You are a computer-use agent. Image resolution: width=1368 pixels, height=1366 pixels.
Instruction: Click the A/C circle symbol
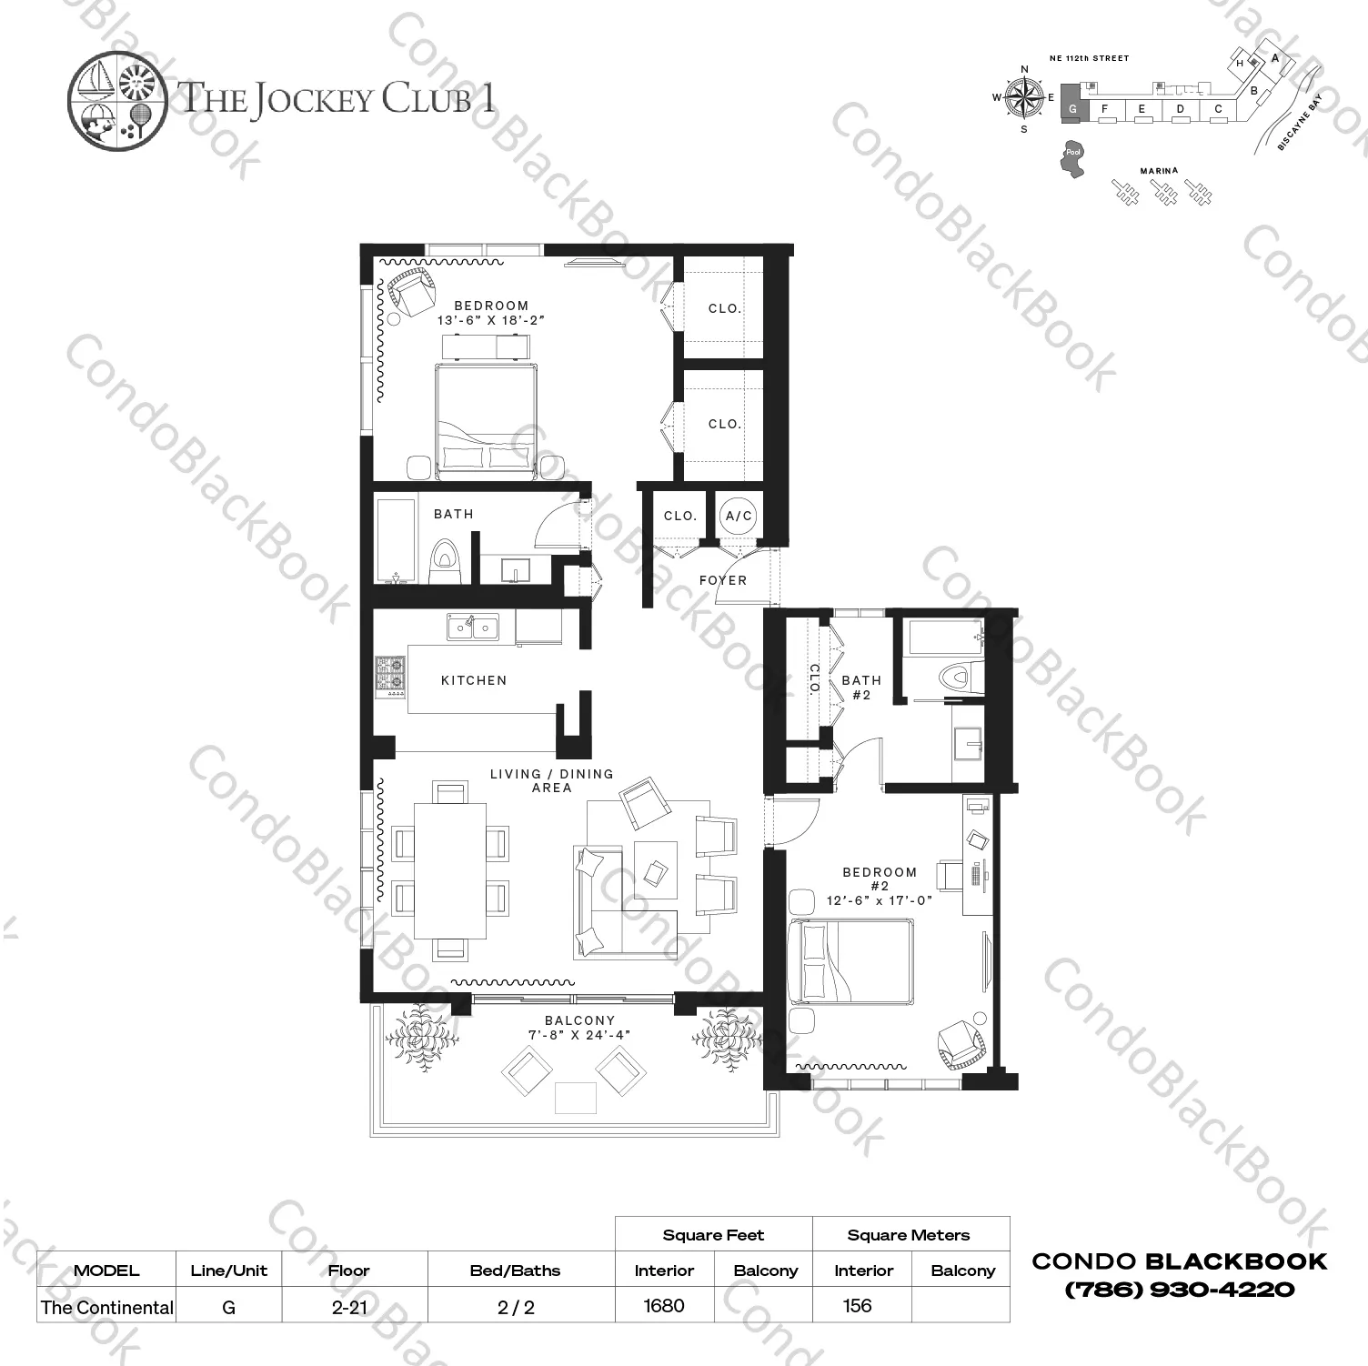pos(738,517)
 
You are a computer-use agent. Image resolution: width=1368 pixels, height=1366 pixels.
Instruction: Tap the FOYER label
pos(723,580)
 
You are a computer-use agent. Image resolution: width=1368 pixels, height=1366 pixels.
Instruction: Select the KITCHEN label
pos(474,680)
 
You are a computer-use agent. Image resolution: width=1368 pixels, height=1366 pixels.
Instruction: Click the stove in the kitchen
pos(391,677)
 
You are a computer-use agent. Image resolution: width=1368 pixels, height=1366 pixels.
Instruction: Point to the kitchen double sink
pos(472,627)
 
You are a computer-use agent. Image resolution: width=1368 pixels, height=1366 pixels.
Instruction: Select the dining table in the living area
pos(451,869)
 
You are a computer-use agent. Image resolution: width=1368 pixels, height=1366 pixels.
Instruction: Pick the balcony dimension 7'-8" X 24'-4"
pos(579,1035)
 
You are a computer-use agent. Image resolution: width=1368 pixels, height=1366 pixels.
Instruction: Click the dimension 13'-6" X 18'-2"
pos(491,320)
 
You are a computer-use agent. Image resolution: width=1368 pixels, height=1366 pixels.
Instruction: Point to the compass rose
pos(1025,98)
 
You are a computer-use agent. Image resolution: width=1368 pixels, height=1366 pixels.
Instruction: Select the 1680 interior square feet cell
pos(664,1306)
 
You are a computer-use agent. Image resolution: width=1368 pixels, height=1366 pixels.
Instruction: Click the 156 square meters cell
pos(857,1306)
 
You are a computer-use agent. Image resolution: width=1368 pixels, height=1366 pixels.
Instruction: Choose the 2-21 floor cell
pos(349,1307)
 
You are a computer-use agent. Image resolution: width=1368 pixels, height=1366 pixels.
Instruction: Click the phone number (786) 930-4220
pos(1180,1289)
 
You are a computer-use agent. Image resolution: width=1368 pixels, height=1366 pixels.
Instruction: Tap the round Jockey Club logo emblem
pos(117,99)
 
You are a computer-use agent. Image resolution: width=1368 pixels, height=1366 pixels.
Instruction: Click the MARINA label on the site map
pos(1159,171)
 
